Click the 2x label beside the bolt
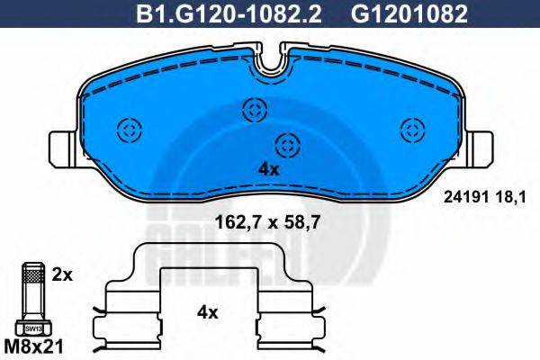(x=61, y=271)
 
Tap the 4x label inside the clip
(x=207, y=312)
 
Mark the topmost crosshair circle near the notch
(x=254, y=111)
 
